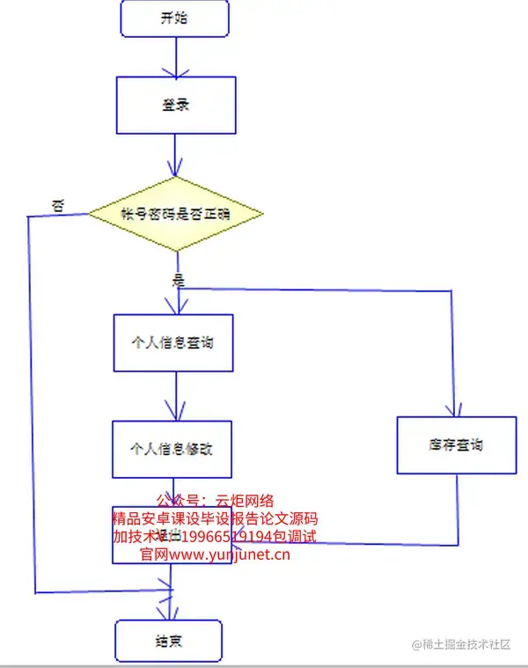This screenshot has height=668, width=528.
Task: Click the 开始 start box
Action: (x=174, y=18)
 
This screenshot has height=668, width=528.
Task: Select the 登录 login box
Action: (x=176, y=104)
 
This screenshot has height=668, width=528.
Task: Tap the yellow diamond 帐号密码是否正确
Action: (x=176, y=213)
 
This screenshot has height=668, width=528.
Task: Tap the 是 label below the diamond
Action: (x=180, y=281)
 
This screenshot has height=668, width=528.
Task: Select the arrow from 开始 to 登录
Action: (x=176, y=57)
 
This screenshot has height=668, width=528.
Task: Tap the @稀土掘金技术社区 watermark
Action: (x=461, y=644)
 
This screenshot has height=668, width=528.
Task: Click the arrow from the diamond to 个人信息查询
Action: (x=178, y=295)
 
